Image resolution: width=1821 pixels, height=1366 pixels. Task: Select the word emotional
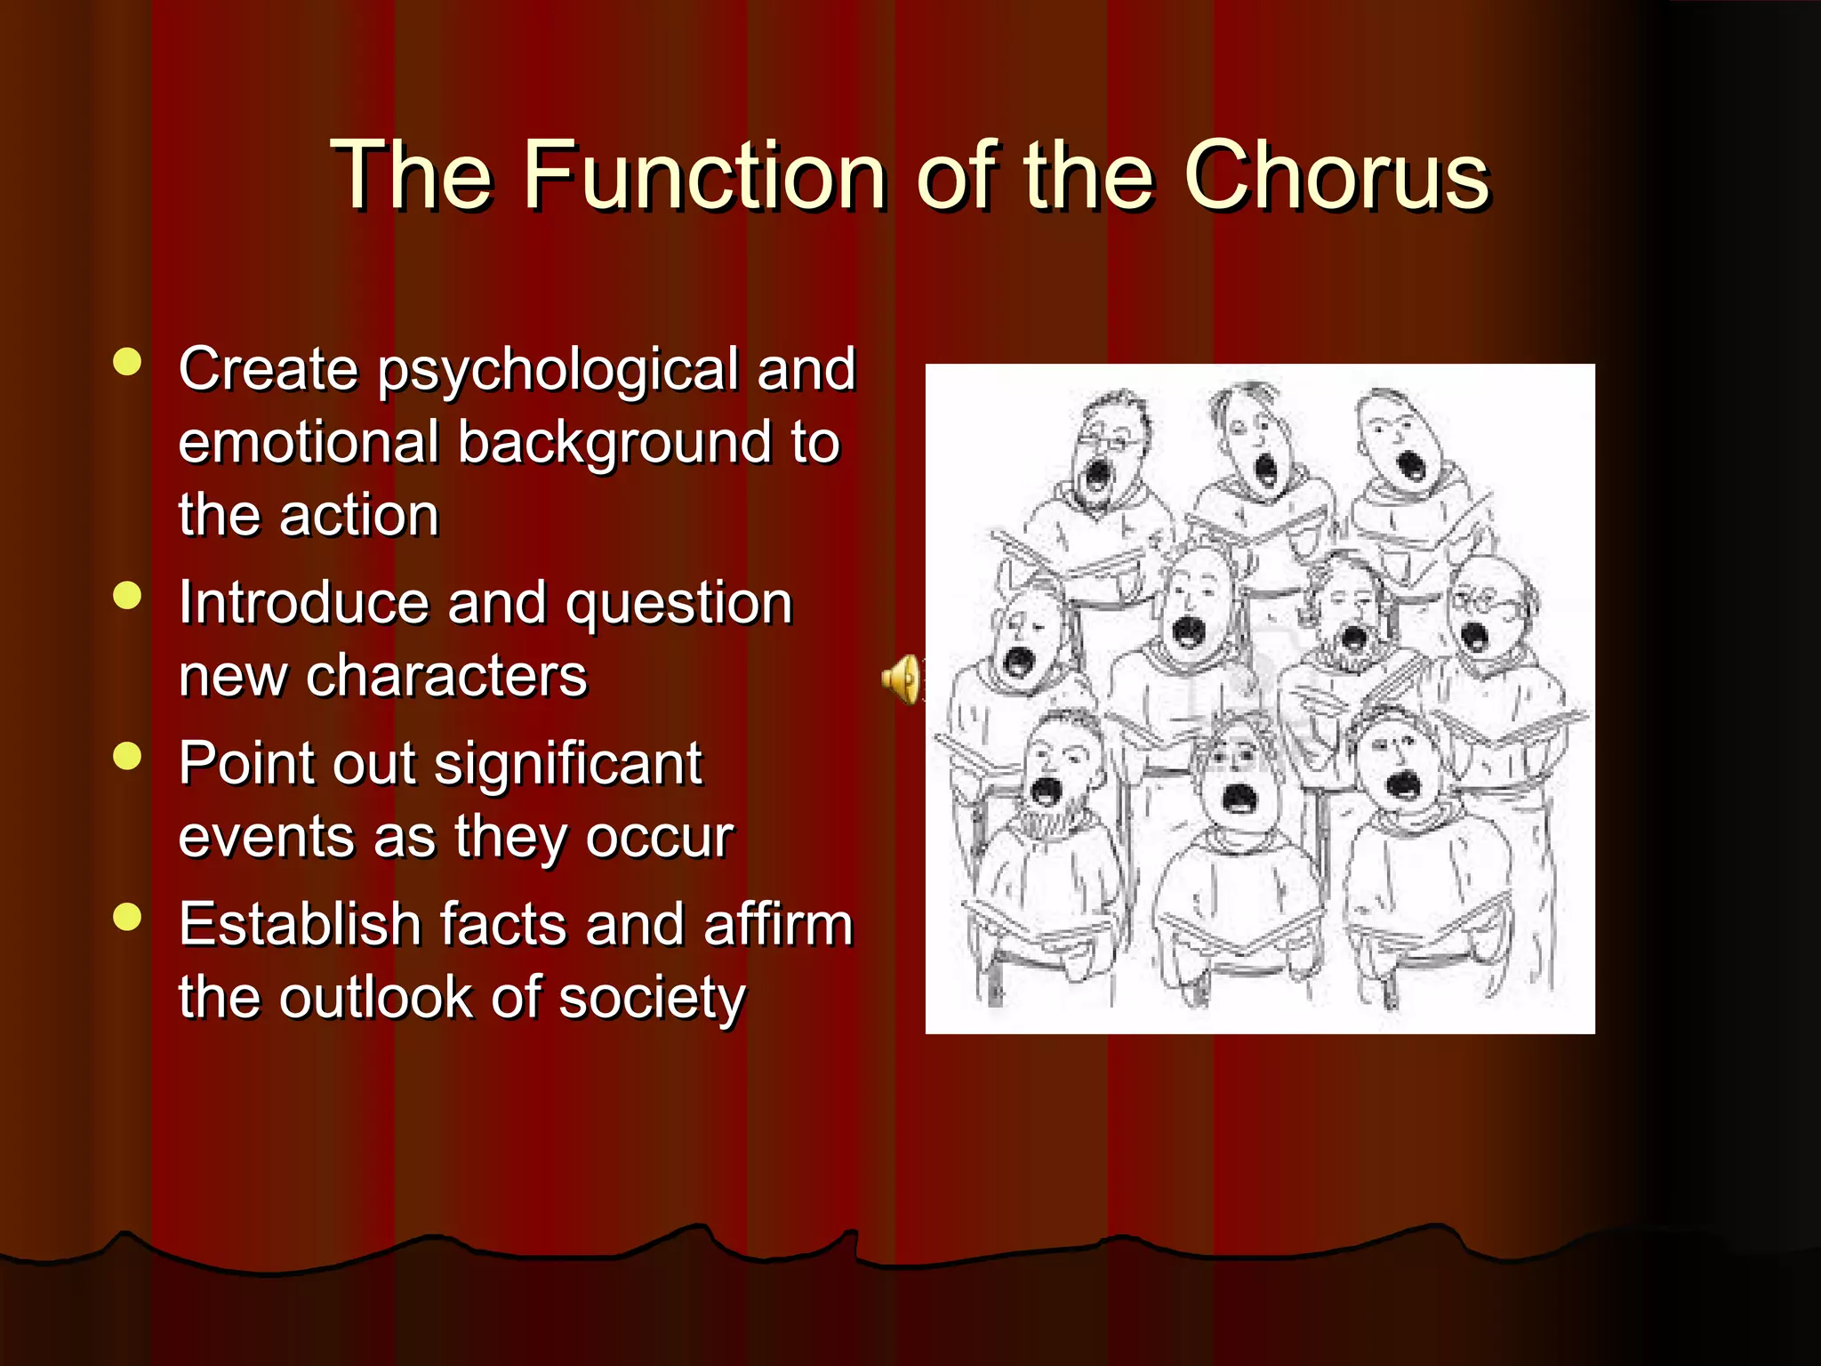[x=309, y=442]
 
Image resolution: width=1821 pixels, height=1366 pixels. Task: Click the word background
[x=614, y=444]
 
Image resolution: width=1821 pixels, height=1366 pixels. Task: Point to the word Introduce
[x=302, y=603]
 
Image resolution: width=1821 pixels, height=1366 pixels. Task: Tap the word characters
[x=446, y=676]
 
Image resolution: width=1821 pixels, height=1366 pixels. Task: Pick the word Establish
[x=300, y=924]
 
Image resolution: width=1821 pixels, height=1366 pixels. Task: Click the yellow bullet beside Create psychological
[x=128, y=363]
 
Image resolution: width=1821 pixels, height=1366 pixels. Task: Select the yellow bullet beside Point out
[x=128, y=756]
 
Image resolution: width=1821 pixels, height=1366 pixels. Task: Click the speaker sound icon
[x=901, y=679]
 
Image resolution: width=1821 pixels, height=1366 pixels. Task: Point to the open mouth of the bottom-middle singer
[x=1237, y=797]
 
